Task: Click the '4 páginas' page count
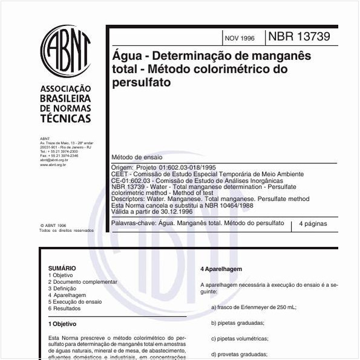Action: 313,224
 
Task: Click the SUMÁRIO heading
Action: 62,267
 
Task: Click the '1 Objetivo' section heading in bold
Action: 62,324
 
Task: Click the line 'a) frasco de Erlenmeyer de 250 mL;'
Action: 254,307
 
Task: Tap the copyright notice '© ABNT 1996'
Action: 53,224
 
